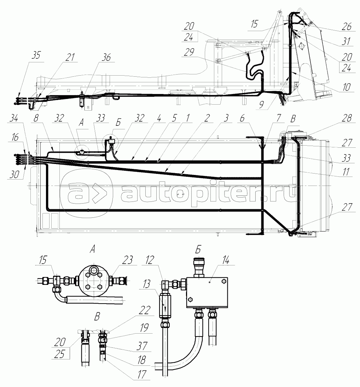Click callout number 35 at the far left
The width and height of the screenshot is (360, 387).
36,55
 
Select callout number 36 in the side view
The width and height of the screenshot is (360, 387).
106,58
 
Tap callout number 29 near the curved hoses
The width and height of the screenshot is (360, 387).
189,52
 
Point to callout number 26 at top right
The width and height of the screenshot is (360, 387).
347,27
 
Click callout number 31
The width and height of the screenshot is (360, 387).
346,41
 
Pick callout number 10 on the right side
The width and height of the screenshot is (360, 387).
347,87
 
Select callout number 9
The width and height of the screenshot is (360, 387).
262,105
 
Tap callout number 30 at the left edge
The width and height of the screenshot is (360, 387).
14,175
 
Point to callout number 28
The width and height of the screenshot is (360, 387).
347,118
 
